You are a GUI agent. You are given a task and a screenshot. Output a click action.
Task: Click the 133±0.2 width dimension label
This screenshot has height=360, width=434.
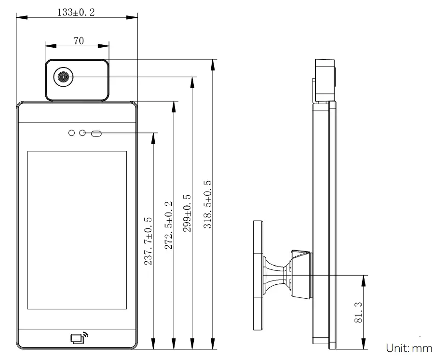pyautogui.click(x=76, y=13)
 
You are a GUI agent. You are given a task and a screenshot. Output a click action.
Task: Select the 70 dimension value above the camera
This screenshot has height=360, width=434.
pyautogui.click(x=79, y=41)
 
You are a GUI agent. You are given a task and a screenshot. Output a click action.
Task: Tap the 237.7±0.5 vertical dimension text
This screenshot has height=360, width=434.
pyautogui.click(x=148, y=241)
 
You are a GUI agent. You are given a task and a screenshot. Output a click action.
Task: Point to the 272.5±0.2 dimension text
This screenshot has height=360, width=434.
pyautogui.click(x=168, y=225)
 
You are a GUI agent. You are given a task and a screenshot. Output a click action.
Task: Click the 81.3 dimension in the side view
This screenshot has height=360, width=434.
pyautogui.click(x=358, y=312)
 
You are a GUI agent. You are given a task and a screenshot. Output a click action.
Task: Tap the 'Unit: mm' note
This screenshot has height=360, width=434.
pyautogui.click(x=409, y=347)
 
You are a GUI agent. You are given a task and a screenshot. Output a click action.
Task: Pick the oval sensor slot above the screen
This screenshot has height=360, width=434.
pyautogui.click(x=96, y=133)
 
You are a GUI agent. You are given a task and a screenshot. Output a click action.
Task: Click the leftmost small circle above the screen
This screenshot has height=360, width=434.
pyautogui.click(x=72, y=133)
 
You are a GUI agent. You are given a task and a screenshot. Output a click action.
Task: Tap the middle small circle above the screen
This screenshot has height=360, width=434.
pyautogui.click(x=82, y=133)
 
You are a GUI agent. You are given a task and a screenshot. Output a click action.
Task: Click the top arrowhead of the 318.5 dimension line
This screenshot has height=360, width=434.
pyautogui.click(x=213, y=64)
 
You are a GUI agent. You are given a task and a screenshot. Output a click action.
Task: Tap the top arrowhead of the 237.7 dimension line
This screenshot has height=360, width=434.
pyautogui.click(x=153, y=137)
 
